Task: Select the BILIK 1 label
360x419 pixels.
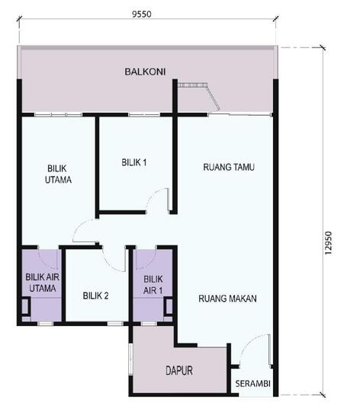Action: pos(133,162)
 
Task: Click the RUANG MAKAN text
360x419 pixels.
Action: pos(227,298)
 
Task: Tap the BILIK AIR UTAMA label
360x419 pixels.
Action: pos(40,283)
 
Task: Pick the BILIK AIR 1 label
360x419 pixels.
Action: pos(153,284)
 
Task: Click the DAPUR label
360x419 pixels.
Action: pos(179,371)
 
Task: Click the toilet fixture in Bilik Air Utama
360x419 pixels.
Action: pos(25,306)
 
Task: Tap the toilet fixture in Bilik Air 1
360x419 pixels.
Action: pos(167,306)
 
